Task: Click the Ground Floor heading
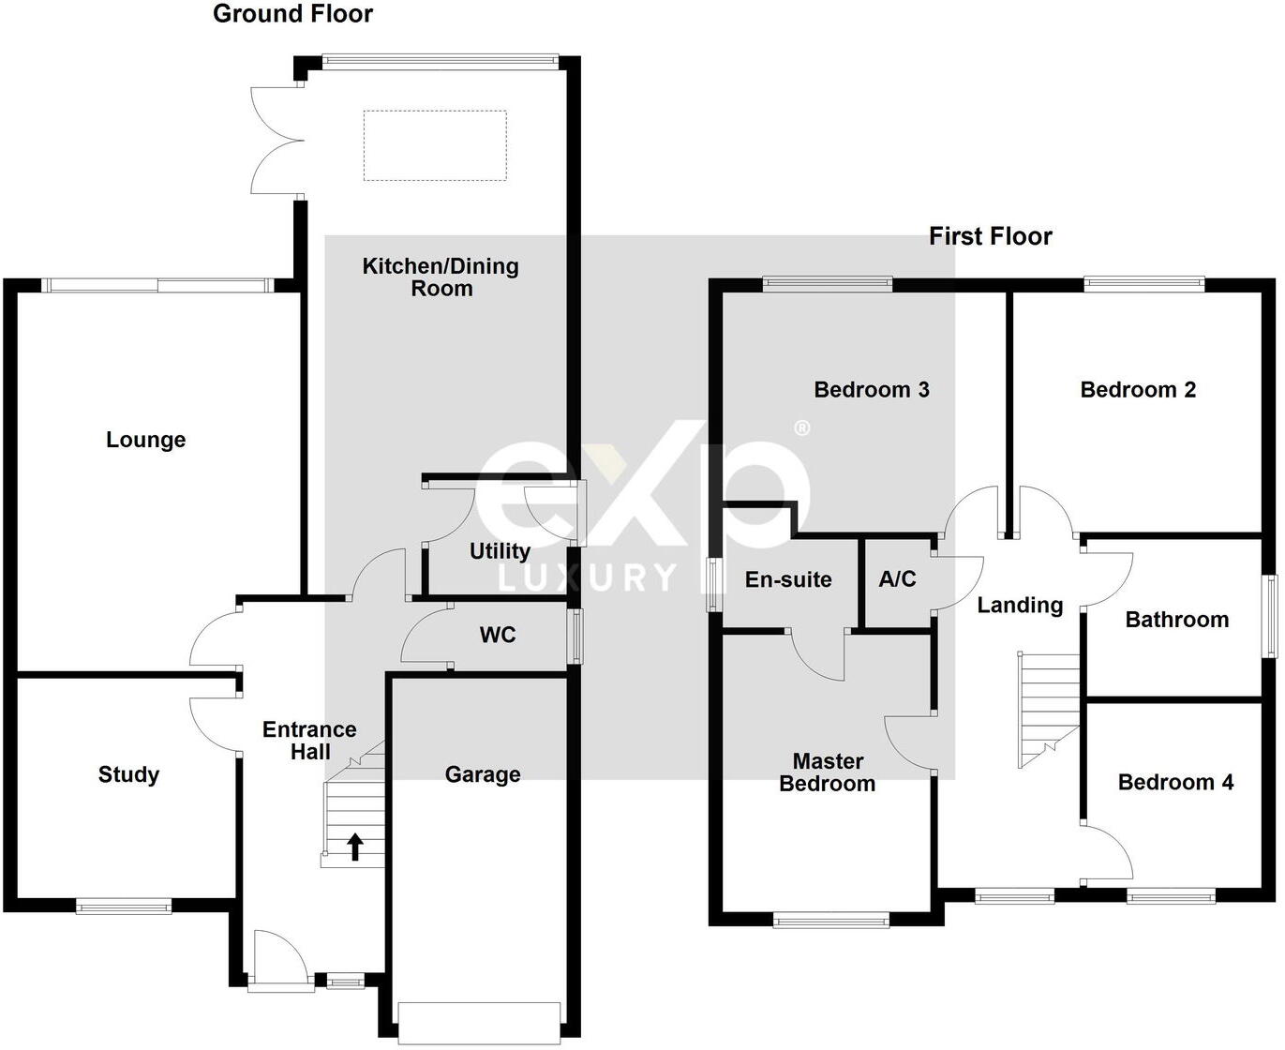[292, 14]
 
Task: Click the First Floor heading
[990, 236]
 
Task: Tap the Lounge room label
[145, 440]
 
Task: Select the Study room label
[128, 774]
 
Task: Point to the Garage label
[482, 774]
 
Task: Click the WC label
[497, 636]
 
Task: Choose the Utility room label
[500, 551]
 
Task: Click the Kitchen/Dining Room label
[441, 277]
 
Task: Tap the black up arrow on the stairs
[355, 846]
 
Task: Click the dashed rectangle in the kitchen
[435, 145]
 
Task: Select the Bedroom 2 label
[1138, 390]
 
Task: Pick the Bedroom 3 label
[871, 390]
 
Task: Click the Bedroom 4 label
[1175, 782]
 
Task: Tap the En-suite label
[788, 580]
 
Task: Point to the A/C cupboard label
[897, 579]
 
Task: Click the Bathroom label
[1176, 620]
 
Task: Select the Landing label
[1020, 606]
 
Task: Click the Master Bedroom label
[828, 772]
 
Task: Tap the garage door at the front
[480, 1023]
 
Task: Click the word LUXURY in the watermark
[588, 577]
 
